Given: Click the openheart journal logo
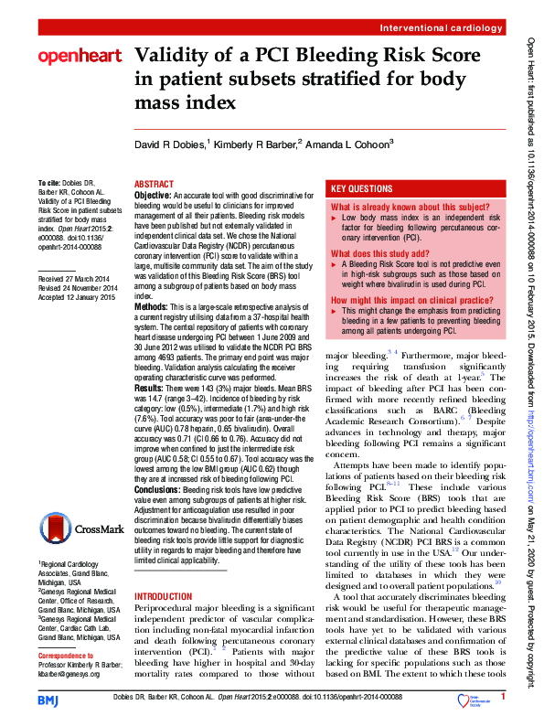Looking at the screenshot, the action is click(x=79, y=57).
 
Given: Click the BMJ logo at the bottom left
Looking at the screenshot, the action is click(x=48, y=699).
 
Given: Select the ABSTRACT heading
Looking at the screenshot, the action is click(x=154, y=183).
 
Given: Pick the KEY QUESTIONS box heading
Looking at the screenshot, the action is click(x=361, y=188).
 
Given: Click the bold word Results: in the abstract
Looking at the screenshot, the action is click(x=150, y=389).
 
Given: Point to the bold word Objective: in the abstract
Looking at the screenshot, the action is click(x=154, y=196).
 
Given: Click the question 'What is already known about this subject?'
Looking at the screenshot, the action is click(x=411, y=208).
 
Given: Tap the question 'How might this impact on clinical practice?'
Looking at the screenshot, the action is click(x=408, y=299).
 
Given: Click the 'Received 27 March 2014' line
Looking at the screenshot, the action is click(x=77, y=277).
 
